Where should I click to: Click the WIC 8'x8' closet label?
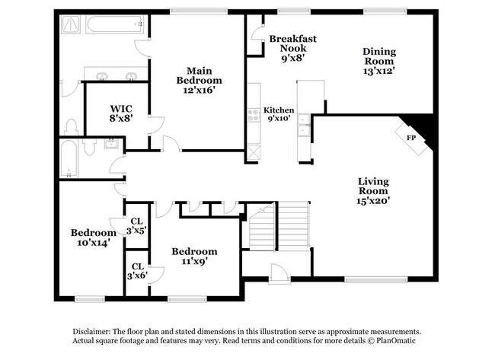pos(122,113)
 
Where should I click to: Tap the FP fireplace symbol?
pos(411,138)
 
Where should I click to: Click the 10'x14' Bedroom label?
pos(93,237)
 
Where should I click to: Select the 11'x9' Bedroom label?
pos(193,256)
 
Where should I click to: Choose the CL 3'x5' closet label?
pos(136,225)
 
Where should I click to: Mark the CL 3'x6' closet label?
pos(137,270)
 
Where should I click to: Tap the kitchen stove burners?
pos(254,116)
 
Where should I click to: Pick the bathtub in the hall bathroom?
pos(69,158)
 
